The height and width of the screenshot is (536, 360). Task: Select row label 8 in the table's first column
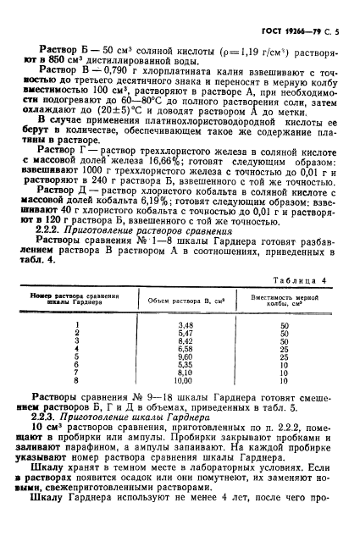click(x=77, y=380)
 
